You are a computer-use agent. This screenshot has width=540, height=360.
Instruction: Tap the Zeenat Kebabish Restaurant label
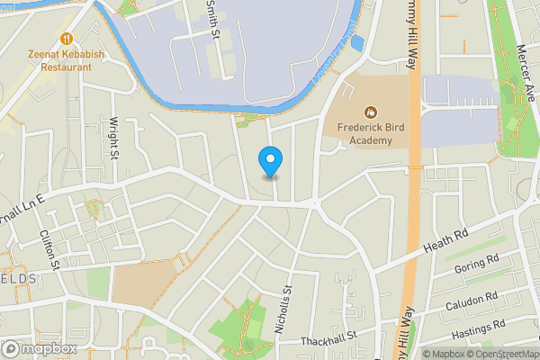[66, 60]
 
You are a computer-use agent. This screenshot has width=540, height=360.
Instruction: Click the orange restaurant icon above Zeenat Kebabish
[66, 38]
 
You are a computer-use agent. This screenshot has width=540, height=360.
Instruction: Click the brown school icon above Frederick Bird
[370, 112]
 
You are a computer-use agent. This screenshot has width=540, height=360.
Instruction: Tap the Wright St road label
[114, 136]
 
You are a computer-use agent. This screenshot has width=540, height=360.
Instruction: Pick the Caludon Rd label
[472, 301]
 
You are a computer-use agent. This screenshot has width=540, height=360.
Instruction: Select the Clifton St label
[49, 250]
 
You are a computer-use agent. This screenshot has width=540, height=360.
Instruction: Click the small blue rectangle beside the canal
[359, 43]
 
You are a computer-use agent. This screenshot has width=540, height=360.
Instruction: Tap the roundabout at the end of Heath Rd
[316, 204]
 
